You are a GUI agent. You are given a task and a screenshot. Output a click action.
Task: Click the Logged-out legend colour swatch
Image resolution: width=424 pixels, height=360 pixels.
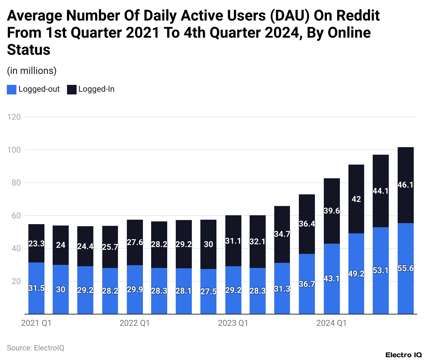pyautogui.click(x=12, y=90)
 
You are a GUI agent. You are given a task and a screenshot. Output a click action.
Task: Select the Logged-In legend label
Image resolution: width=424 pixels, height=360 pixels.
pyautogui.click(x=96, y=89)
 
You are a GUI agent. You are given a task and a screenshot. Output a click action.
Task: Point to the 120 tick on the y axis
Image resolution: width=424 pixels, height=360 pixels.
pyautogui.click(x=14, y=117)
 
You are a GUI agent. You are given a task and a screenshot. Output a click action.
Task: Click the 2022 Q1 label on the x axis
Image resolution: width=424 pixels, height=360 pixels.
pyautogui.click(x=134, y=323)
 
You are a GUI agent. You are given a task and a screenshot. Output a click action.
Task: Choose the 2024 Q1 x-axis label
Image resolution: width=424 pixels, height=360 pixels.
pyautogui.click(x=331, y=323)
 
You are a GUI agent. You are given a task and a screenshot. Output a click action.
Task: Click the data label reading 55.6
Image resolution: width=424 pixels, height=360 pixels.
pyautogui.click(x=406, y=268)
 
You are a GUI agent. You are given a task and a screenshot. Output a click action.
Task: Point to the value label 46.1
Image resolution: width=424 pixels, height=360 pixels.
pyautogui.click(x=406, y=185)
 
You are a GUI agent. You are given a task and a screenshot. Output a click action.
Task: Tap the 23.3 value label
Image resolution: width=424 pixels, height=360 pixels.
pyautogui.click(x=36, y=244)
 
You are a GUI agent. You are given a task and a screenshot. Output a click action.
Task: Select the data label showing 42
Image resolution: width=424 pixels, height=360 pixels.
pyautogui.click(x=356, y=199)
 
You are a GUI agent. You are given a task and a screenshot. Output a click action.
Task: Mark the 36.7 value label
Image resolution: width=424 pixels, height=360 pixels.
pyautogui.click(x=307, y=284)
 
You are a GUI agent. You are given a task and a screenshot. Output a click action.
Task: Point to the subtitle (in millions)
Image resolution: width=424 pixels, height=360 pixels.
pyautogui.click(x=32, y=71)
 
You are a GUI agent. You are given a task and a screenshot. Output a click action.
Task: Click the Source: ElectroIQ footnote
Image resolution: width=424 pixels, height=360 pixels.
pyautogui.click(x=36, y=348)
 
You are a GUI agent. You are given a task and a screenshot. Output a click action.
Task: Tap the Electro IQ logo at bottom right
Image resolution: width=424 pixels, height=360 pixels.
pyautogui.click(x=403, y=355)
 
